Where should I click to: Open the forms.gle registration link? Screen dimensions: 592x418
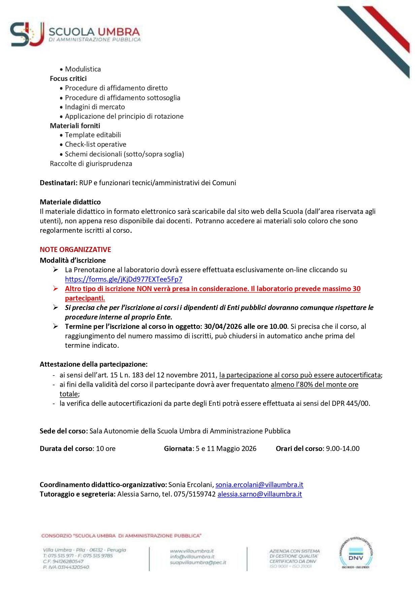(x=123, y=279)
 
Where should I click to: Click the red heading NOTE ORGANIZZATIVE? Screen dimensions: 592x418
(x=75, y=250)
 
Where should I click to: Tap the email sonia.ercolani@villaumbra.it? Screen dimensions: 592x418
(x=259, y=485)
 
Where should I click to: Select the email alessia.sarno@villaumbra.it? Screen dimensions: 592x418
(x=260, y=494)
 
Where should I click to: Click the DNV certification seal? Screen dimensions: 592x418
(x=356, y=553)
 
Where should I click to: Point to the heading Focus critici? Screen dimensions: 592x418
(x=68, y=79)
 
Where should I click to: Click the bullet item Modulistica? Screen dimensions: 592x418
(x=83, y=69)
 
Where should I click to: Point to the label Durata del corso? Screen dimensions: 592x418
(x=66, y=449)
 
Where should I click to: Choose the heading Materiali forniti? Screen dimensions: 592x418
(x=75, y=126)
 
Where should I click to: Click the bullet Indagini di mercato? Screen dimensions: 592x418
(x=95, y=107)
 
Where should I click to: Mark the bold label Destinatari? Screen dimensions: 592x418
(x=59, y=183)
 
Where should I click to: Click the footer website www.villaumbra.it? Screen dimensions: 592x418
(x=192, y=551)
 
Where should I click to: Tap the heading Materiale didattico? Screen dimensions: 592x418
(x=70, y=202)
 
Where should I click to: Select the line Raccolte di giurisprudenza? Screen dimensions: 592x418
(x=91, y=164)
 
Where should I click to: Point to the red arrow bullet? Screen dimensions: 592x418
(x=56, y=288)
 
